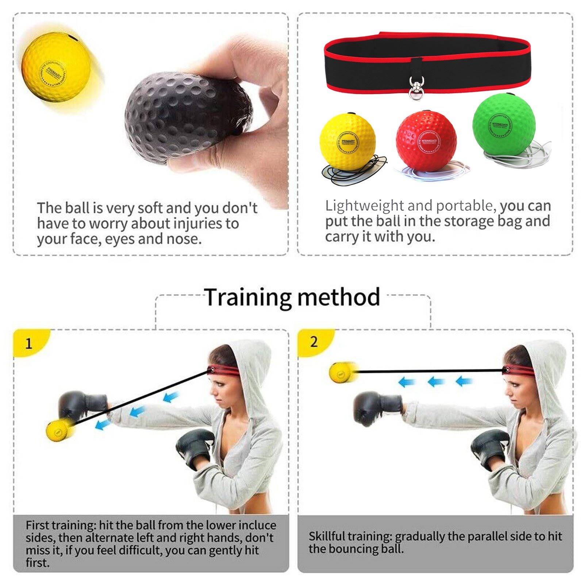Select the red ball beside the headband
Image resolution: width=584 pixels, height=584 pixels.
426,141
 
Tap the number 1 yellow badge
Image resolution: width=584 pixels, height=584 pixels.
29,343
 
